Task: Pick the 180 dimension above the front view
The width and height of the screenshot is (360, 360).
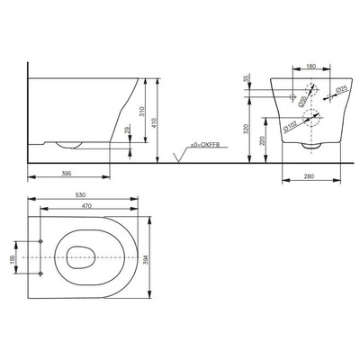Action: click(x=310, y=67)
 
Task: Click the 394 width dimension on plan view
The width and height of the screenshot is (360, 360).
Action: click(x=147, y=257)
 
